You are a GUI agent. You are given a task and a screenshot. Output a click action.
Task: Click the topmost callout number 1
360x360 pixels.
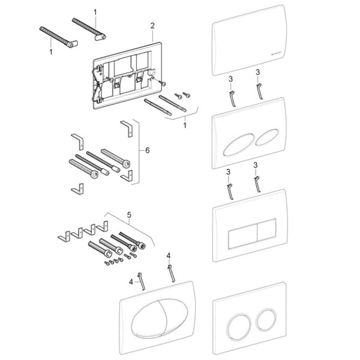pos(94,11)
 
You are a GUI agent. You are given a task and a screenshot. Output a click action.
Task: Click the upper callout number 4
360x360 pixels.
pos(169,256)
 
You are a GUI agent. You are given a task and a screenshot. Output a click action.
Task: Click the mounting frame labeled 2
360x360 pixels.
pos(124,73)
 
